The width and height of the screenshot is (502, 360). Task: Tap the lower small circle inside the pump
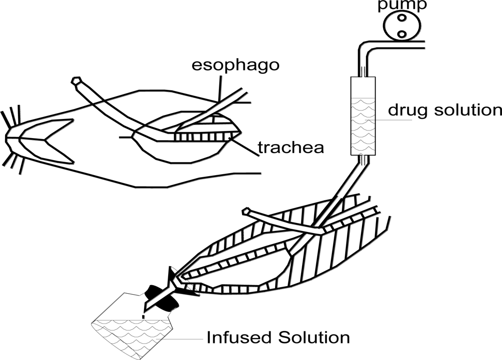401,34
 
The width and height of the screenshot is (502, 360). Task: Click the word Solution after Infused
312,337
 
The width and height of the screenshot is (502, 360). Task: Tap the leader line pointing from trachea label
244,146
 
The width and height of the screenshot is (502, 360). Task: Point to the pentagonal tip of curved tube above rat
77,81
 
